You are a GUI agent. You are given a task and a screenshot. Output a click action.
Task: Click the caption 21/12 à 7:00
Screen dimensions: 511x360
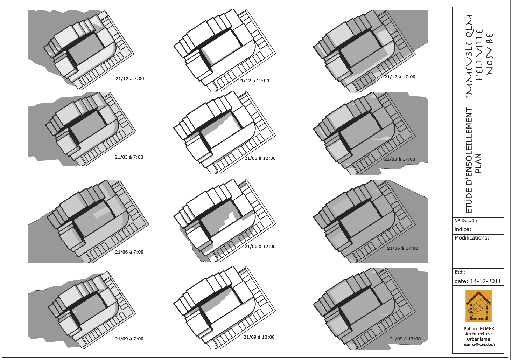129,79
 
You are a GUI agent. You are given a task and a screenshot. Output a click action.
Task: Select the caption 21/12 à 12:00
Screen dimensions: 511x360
254,81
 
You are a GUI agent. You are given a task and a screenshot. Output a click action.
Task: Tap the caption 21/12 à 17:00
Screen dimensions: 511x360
400,77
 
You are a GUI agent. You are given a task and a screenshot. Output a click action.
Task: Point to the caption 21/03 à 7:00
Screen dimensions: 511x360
129,157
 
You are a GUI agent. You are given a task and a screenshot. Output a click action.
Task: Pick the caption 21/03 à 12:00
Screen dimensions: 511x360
260,158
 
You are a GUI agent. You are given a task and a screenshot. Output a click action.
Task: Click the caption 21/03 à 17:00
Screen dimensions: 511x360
400,159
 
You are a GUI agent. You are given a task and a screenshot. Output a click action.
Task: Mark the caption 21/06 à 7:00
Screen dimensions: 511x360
129,252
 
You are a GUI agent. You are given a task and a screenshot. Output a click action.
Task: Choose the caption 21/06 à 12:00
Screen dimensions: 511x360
260,247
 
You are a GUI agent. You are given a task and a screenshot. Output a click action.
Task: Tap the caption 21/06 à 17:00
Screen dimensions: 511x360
402,248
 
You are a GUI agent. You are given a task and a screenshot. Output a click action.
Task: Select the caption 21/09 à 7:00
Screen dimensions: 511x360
129,339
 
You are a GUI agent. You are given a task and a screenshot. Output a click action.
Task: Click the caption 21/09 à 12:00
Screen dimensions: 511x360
259,337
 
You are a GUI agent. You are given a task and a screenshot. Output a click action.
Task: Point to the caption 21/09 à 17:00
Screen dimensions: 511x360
405,339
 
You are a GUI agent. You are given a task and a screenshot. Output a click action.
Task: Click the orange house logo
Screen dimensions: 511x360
478,306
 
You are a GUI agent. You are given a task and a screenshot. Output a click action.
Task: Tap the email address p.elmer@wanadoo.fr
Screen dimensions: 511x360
479,345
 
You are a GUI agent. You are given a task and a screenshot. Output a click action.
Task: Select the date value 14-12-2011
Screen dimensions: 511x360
485,281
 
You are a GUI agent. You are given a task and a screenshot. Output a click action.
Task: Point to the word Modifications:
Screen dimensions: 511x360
472,238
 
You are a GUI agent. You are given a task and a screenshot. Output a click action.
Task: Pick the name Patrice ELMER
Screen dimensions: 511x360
479,329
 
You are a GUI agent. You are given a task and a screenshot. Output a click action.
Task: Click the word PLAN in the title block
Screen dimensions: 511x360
478,163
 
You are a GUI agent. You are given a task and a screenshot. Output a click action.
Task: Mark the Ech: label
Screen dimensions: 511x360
460,272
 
